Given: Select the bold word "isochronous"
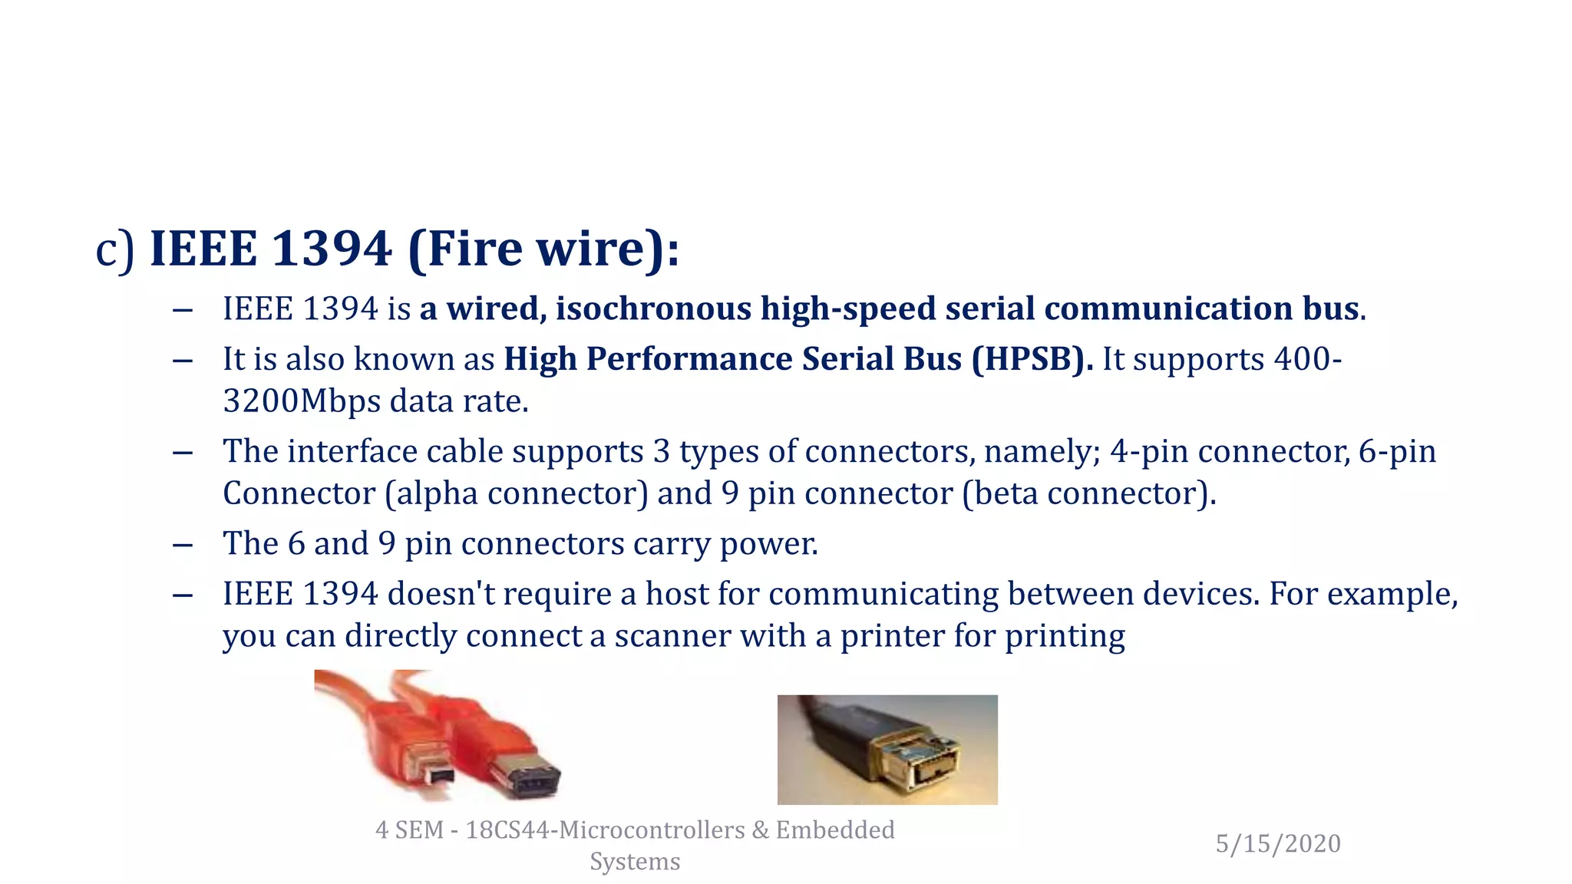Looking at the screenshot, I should click(x=653, y=308).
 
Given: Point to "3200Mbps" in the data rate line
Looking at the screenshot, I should click(x=302, y=401).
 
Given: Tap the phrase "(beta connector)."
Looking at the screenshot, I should click(x=1089, y=493).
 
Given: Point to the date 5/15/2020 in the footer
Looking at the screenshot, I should click(x=1278, y=843).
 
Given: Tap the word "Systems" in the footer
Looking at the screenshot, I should click(x=635, y=861).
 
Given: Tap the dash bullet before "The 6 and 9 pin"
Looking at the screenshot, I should click(x=183, y=545).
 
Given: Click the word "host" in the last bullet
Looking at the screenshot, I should click(x=676, y=594).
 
